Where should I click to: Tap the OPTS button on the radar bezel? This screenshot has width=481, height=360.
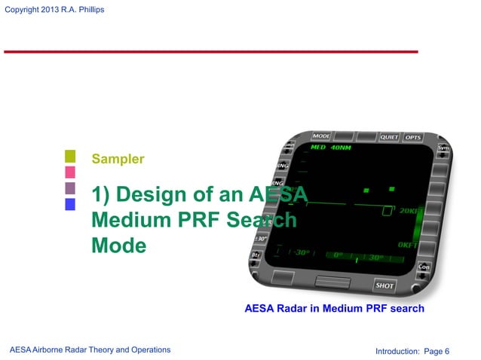[x=412, y=138]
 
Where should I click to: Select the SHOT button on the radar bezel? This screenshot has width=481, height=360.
[x=384, y=285]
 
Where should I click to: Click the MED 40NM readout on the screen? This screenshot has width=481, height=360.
[x=330, y=148]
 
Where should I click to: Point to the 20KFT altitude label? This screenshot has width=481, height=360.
[x=409, y=212]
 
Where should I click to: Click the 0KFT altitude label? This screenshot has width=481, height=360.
[x=408, y=246]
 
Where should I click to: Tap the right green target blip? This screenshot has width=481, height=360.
[x=391, y=188]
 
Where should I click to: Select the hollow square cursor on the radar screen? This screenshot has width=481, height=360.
[x=388, y=211]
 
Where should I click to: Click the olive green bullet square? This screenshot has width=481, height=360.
[x=70, y=157]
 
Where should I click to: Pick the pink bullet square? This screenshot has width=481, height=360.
[x=70, y=172]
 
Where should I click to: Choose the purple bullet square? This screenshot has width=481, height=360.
[x=70, y=188]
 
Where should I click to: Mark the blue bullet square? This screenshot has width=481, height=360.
[x=70, y=204]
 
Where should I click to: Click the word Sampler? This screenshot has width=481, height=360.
[x=118, y=159]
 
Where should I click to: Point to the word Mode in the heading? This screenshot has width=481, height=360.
[x=118, y=246]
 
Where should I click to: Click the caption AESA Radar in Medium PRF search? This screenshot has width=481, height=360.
[x=334, y=308]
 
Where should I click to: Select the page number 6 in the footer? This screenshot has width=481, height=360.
[x=447, y=350]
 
